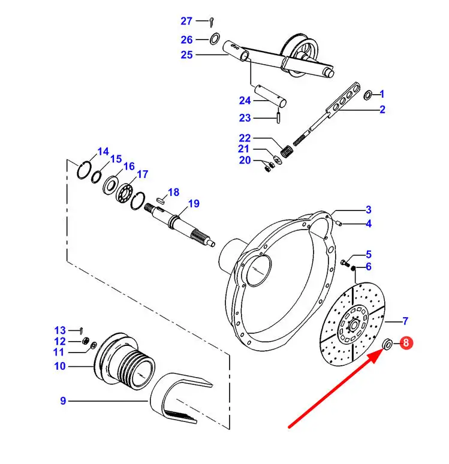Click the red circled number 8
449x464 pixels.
pos(406,343)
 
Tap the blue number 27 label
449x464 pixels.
pos(186,21)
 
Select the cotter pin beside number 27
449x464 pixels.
pos(212,22)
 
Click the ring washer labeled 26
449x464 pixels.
pos(215,39)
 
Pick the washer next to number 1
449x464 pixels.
pos(368,95)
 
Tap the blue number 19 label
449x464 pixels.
pos(194,204)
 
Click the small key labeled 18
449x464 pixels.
pos(160,200)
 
